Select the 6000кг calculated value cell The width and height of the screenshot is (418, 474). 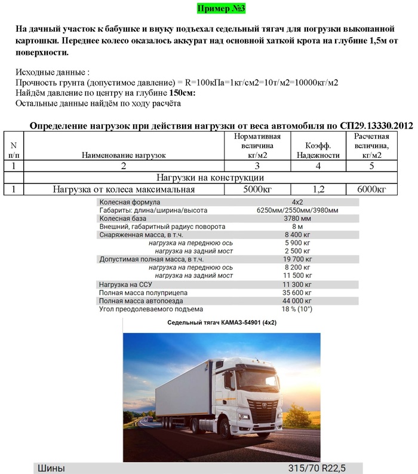[371, 189]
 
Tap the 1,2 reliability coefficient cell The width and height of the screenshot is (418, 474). [318, 189]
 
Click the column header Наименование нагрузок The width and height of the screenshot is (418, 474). [124, 155]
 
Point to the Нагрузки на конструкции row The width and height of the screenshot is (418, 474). [210, 178]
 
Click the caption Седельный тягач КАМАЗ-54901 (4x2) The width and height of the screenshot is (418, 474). [222, 323]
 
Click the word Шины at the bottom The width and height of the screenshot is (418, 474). [51, 468]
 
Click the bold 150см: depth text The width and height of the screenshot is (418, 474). [183, 93]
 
